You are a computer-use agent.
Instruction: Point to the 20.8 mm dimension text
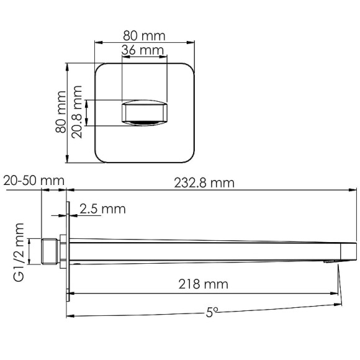coord(78,114)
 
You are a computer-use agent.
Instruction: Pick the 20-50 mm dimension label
coord(34,180)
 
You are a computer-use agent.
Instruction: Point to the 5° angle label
coord(213,312)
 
